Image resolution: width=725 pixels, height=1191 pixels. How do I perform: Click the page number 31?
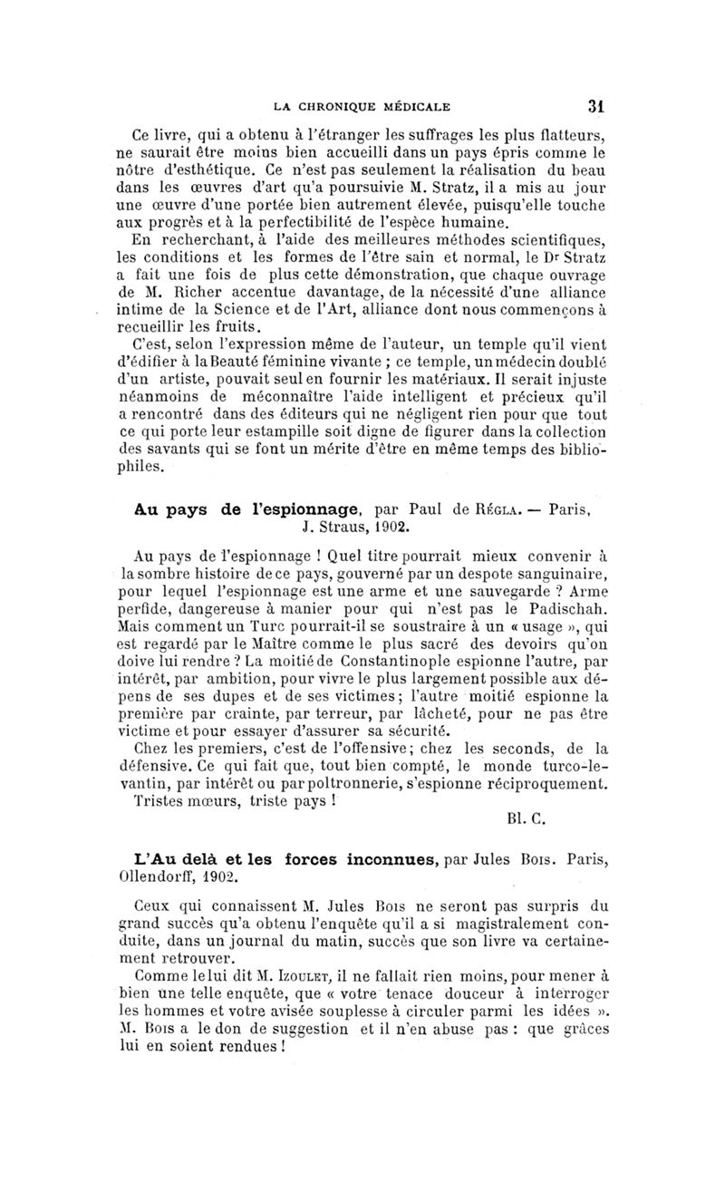[595, 105]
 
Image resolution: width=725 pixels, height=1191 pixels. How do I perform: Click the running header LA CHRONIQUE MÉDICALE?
[363, 106]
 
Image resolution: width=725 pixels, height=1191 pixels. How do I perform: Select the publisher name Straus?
[330, 523]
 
